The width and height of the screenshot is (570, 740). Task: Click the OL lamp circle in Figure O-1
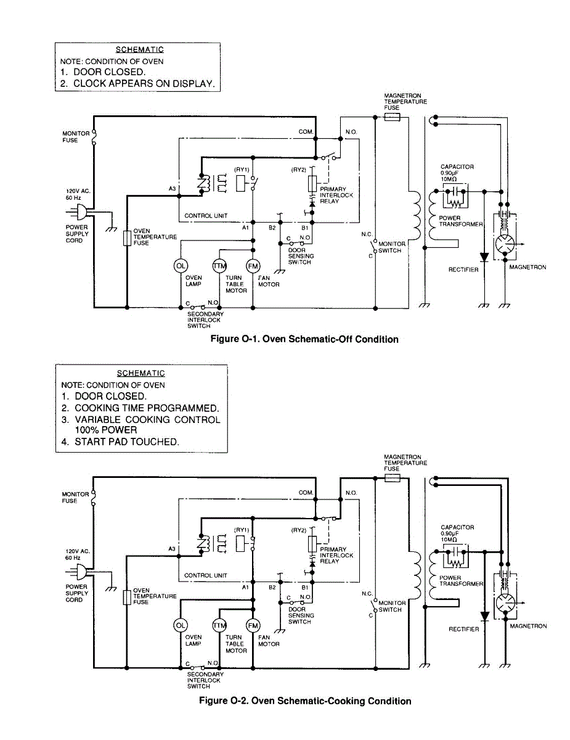(x=181, y=266)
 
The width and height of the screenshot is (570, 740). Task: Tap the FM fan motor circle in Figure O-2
(x=253, y=625)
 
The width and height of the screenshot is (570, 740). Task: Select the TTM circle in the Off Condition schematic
(x=219, y=266)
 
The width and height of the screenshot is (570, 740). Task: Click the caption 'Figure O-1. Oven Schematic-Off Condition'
(x=304, y=339)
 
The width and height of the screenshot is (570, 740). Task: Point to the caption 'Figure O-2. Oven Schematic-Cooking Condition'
(x=304, y=701)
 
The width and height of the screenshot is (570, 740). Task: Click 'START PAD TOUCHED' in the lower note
(x=126, y=442)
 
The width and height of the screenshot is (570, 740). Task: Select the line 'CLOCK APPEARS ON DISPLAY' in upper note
(x=144, y=84)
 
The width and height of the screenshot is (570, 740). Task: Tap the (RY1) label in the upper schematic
(x=241, y=170)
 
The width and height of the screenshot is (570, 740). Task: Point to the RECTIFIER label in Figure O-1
(x=463, y=269)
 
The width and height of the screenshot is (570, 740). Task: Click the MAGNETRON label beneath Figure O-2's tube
(x=528, y=626)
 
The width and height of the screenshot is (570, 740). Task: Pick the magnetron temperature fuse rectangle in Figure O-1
(x=392, y=117)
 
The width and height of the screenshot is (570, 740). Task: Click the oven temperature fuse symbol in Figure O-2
(x=126, y=597)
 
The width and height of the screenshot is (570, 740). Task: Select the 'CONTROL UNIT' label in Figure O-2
(x=206, y=575)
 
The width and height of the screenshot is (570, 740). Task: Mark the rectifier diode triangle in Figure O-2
(x=484, y=616)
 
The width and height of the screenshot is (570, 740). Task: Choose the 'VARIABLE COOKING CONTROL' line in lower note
(x=147, y=419)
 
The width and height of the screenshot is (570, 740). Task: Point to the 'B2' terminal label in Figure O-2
(x=272, y=588)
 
